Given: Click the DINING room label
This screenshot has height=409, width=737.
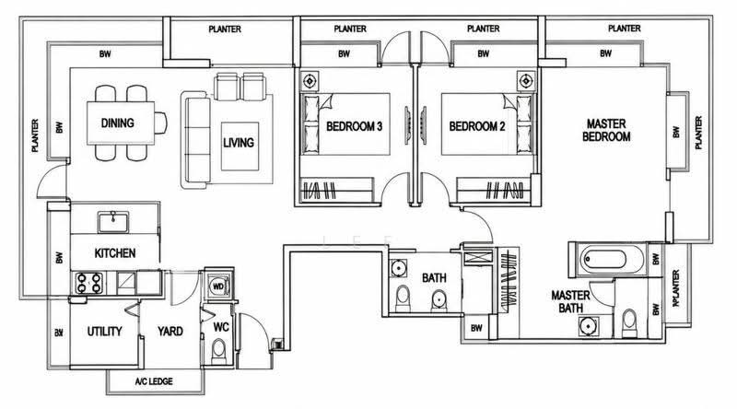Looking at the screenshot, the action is pos(118,123).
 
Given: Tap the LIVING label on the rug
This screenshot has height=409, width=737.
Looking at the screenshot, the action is pos(239,143).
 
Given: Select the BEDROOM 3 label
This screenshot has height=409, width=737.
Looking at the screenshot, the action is pos(354,126).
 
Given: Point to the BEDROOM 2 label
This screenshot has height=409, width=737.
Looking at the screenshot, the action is pos(477,126).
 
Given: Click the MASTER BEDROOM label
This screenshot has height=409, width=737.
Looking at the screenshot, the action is pos(606,130).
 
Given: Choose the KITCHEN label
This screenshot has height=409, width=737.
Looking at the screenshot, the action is pos(115,253).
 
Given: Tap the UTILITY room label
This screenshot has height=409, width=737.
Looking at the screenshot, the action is pos(104,332).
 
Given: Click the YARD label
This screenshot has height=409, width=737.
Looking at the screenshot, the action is pos(170,332).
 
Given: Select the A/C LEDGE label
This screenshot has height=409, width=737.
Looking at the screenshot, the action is pos(154,381).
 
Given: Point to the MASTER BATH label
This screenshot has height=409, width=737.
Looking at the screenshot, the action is pos(570,302).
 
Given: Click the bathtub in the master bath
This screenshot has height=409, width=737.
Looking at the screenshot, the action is pos(604,260).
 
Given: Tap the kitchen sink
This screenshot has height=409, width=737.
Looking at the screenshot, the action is pos(112,222).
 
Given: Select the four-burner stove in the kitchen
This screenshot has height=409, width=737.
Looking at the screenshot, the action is pos(89,283).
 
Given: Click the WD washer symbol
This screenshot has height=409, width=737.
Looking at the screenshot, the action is pos(218,286).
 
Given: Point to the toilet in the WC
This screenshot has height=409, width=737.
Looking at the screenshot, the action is pos(218,351).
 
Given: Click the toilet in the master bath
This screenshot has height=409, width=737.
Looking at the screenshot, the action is pos(629,323).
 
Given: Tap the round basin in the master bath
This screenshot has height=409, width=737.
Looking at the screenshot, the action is pos(588,327).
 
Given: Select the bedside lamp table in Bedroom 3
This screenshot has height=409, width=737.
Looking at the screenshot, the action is pos(310,81).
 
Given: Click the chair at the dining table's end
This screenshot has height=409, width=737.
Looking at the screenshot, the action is pos(160,123).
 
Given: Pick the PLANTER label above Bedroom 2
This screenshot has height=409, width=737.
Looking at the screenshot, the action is pos(483,29).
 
